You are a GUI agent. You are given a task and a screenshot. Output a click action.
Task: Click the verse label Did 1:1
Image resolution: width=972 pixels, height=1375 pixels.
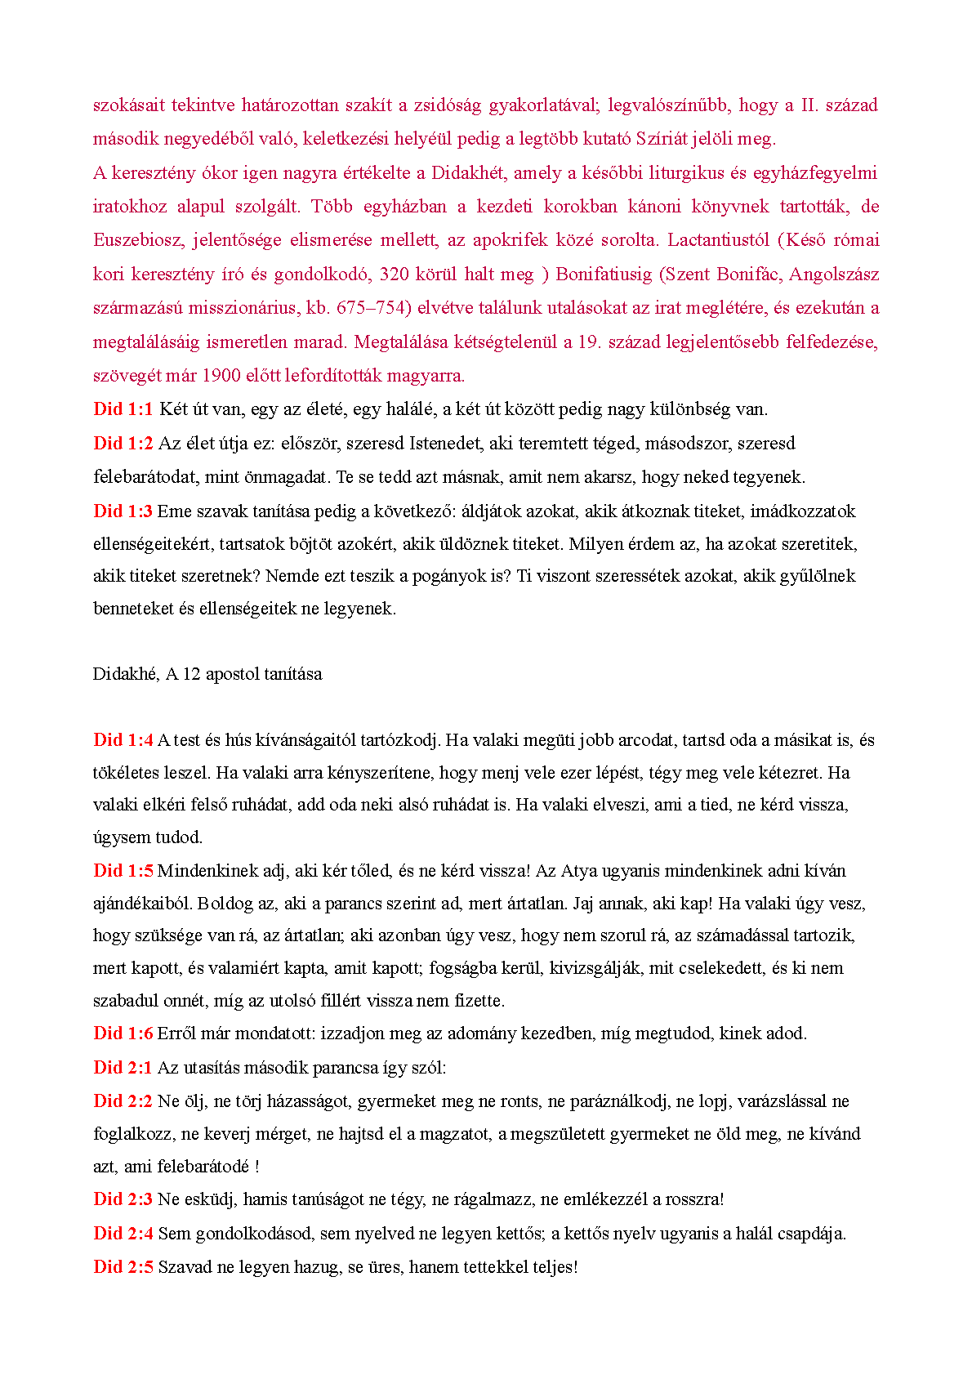pos(123,409)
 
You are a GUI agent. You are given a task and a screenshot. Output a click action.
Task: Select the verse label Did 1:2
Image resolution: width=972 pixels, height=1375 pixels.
pos(123,444)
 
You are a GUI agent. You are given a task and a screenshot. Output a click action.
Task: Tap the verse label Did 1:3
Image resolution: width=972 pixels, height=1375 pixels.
pos(123,511)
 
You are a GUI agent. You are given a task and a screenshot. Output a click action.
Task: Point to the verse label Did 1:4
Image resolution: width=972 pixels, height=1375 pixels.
pos(123,740)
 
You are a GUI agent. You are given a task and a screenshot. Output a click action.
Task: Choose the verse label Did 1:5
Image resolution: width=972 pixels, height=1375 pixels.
pos(123,871)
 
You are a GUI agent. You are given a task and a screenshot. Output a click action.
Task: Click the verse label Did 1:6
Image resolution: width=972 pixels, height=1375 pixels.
pos(123,1033)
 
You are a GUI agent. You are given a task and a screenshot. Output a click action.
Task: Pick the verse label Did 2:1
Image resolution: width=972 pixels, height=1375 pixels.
pos(123,1068)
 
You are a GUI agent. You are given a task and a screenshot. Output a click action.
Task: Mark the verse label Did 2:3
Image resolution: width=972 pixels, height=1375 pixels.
pos(123,1199)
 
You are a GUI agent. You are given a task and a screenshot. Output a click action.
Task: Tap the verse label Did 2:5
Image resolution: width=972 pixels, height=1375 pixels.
pos(123,1267)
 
